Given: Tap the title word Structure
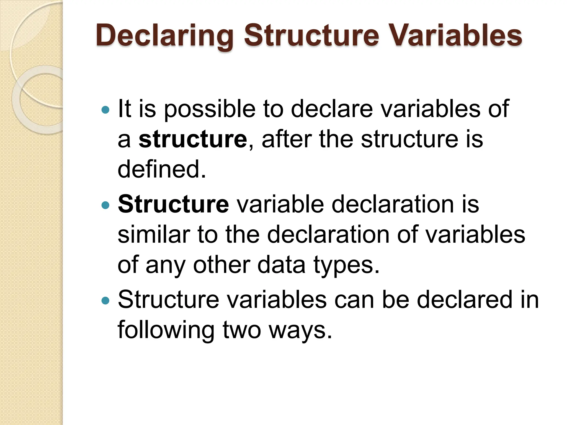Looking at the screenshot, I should coord(311,35).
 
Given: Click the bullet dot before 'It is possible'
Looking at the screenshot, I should coord(105,110).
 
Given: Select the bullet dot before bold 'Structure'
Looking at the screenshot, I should coord(105,205).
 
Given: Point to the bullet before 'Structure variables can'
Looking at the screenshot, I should coord(105,300).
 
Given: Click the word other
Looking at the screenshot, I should coord(221,265).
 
